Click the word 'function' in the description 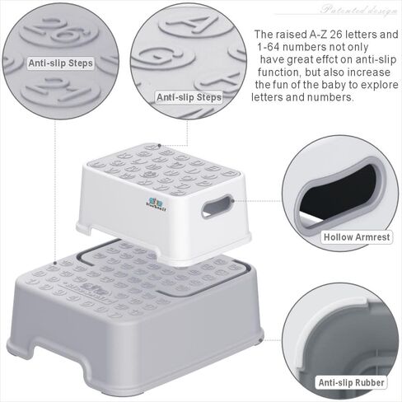[277, 72]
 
